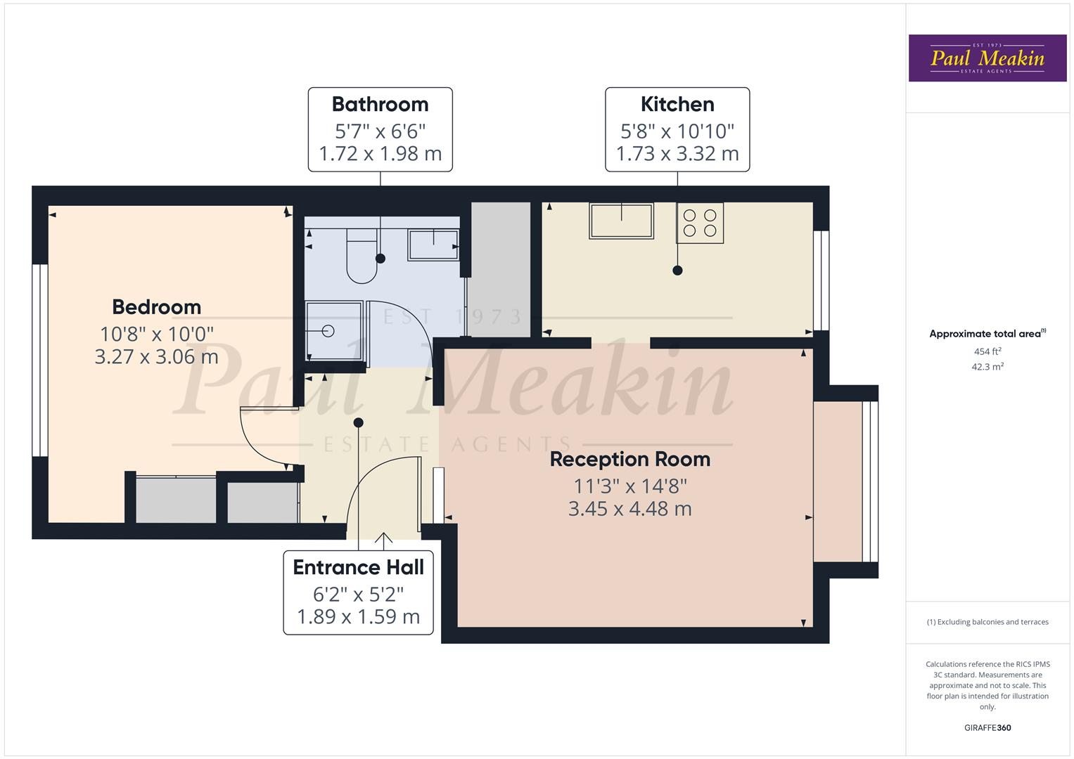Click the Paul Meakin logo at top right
pos(987,58)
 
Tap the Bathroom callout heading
pos(380,104)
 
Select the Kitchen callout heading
pos(677,104)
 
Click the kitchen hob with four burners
pos(700,223)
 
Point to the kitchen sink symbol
pos(622,221)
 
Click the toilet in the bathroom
pos(362,257)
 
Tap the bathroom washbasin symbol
pos(433,245)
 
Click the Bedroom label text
pos(156,307)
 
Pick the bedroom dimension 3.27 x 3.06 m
pos(156,357)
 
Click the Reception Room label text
pos(629,460)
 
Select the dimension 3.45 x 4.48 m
pos(629,509)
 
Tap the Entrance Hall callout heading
pos(358,567)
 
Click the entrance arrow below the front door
pos(383,540)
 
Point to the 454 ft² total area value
pos(987,351)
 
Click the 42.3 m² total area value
pos(987,367)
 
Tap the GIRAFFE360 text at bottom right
pos(987,728)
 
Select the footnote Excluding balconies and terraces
pos(987,622)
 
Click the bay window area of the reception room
pos(838,481)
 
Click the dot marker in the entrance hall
pos(359,422)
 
